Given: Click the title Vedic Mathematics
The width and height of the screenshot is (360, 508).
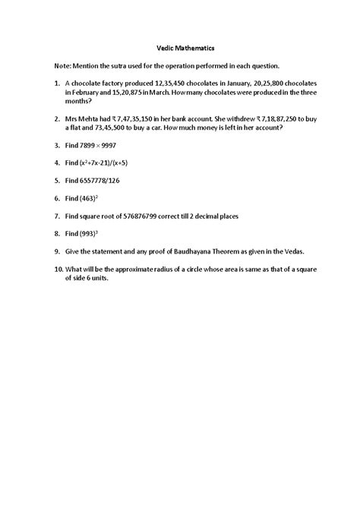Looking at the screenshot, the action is [x=179, y=46].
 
